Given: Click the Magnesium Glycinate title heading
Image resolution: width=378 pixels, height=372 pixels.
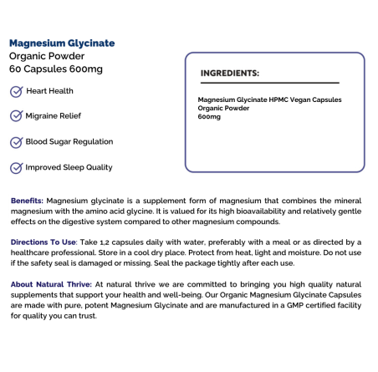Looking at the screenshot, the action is [62, 43].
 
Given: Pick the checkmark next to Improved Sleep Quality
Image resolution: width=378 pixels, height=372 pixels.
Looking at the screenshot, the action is [16, 167].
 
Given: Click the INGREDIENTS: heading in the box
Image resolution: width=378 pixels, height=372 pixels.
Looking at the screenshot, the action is [230, 73].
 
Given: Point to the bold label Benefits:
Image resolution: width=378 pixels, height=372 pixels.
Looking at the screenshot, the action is [28, 201].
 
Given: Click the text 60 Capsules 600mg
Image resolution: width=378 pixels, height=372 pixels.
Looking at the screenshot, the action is [56, 69].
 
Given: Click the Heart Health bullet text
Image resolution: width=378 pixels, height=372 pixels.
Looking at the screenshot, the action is [49, 90].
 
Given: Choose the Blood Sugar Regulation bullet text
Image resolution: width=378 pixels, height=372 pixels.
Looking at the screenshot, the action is [69, 141].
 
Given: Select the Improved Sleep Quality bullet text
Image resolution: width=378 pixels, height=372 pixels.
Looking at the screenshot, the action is [69, 167].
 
